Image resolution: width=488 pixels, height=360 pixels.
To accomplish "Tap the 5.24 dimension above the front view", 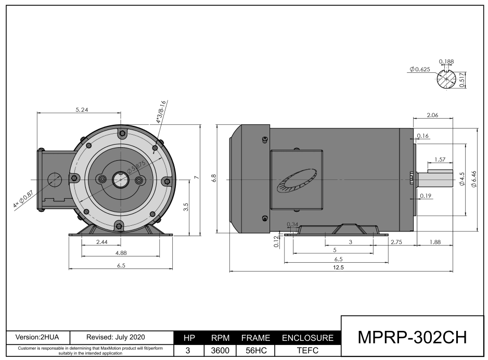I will tap(81, 110).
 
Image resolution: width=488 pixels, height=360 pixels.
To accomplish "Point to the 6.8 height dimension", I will tap(214, 178).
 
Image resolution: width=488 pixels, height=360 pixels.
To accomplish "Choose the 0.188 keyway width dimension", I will tap(446, 61).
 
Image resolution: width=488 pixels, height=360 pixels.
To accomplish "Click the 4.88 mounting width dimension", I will tap(120, 253).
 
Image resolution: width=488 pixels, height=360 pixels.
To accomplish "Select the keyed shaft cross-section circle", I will tap(446, 80).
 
